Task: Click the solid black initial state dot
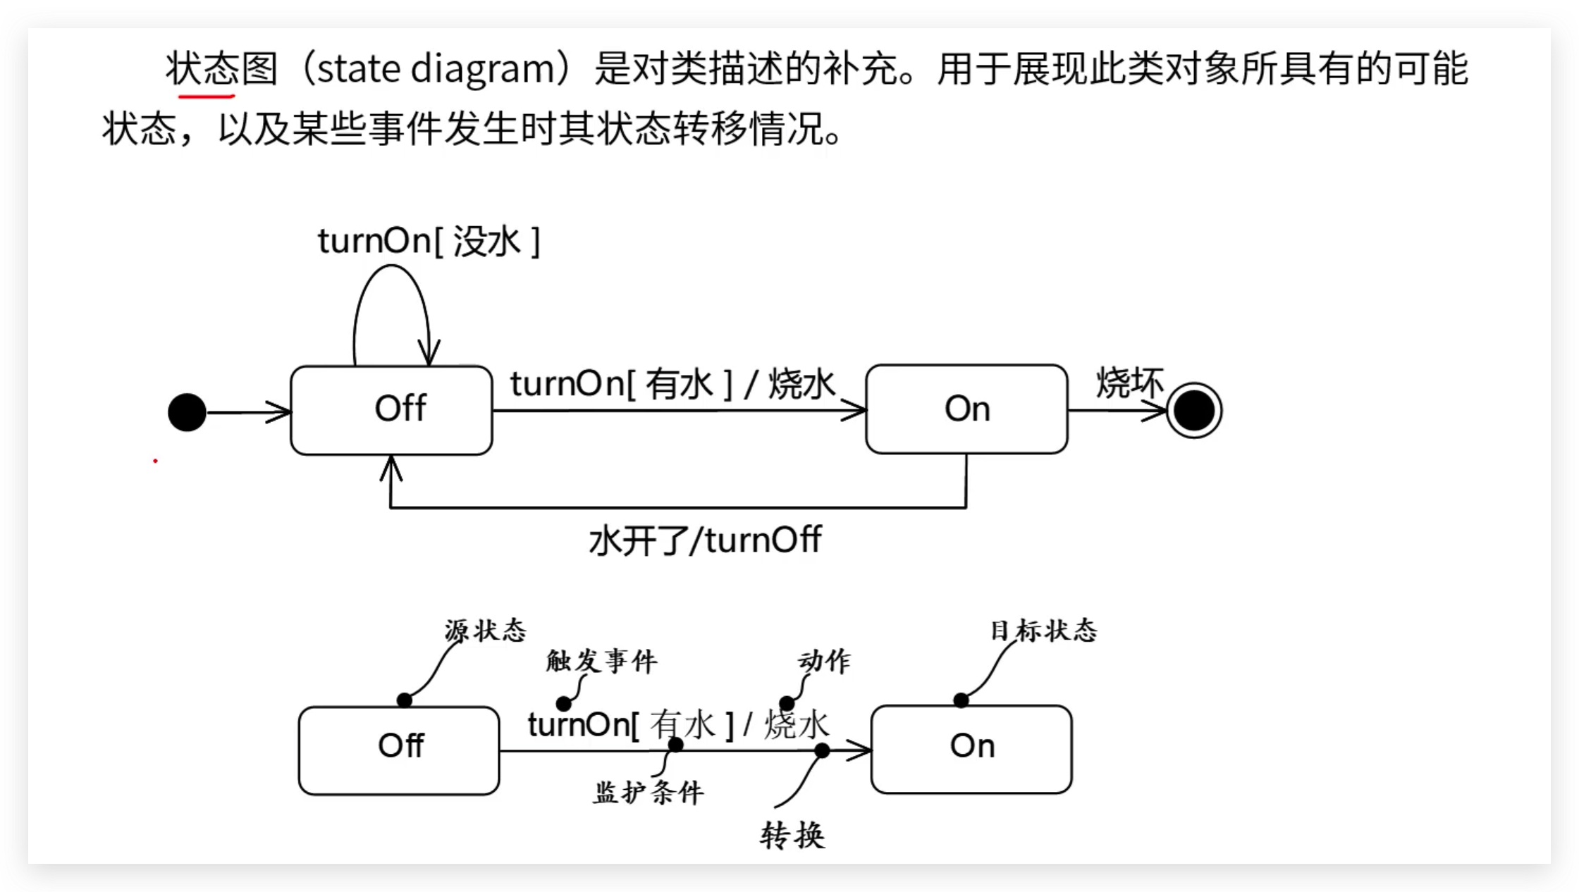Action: click(187, 412)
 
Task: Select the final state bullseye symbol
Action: click(1193, 411)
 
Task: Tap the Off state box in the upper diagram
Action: click(391, 409)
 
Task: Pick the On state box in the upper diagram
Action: click(966, 409)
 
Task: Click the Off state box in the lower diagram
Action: click(399, 750)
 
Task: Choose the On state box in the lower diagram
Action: click(971, 749)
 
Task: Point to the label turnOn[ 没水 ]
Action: click(429, 242)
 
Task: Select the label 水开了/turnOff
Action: click(705, 540)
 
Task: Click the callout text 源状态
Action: click(486, 630)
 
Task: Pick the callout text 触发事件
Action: click(601, 661)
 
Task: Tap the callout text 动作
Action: click(824, 661)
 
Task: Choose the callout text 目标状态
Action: click(1043, 630)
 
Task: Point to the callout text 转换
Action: click(792, 836)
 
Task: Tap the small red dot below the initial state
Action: click(155, 461)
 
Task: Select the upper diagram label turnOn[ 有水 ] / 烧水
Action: click(672, 384)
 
